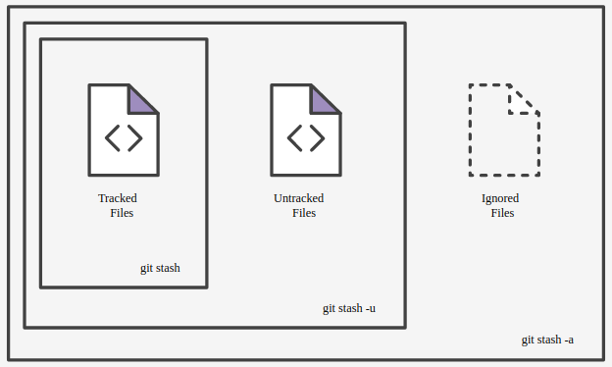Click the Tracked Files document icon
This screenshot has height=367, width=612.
[124, 131]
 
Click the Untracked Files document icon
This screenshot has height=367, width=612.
[305, 131]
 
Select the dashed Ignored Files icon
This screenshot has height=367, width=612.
[503, 131]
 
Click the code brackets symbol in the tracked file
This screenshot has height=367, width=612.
[124, 137]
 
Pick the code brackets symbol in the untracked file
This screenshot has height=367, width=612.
[305, 137]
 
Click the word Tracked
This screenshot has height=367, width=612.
[118, 198]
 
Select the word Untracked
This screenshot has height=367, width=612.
[298, 198]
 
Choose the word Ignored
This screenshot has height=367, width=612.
[500, 198]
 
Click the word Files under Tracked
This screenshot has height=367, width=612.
[122, 213]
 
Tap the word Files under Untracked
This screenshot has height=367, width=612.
[304, 213]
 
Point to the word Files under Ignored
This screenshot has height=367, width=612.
[502, 213]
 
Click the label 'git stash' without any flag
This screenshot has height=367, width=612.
[160, 268]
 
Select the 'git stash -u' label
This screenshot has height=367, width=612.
[349, 309]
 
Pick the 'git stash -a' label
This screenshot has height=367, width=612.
[547, 341]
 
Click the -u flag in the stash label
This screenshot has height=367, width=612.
[371, 309]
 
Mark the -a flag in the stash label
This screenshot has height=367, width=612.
[569, 341]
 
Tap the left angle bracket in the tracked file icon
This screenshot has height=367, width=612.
[112, 137]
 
